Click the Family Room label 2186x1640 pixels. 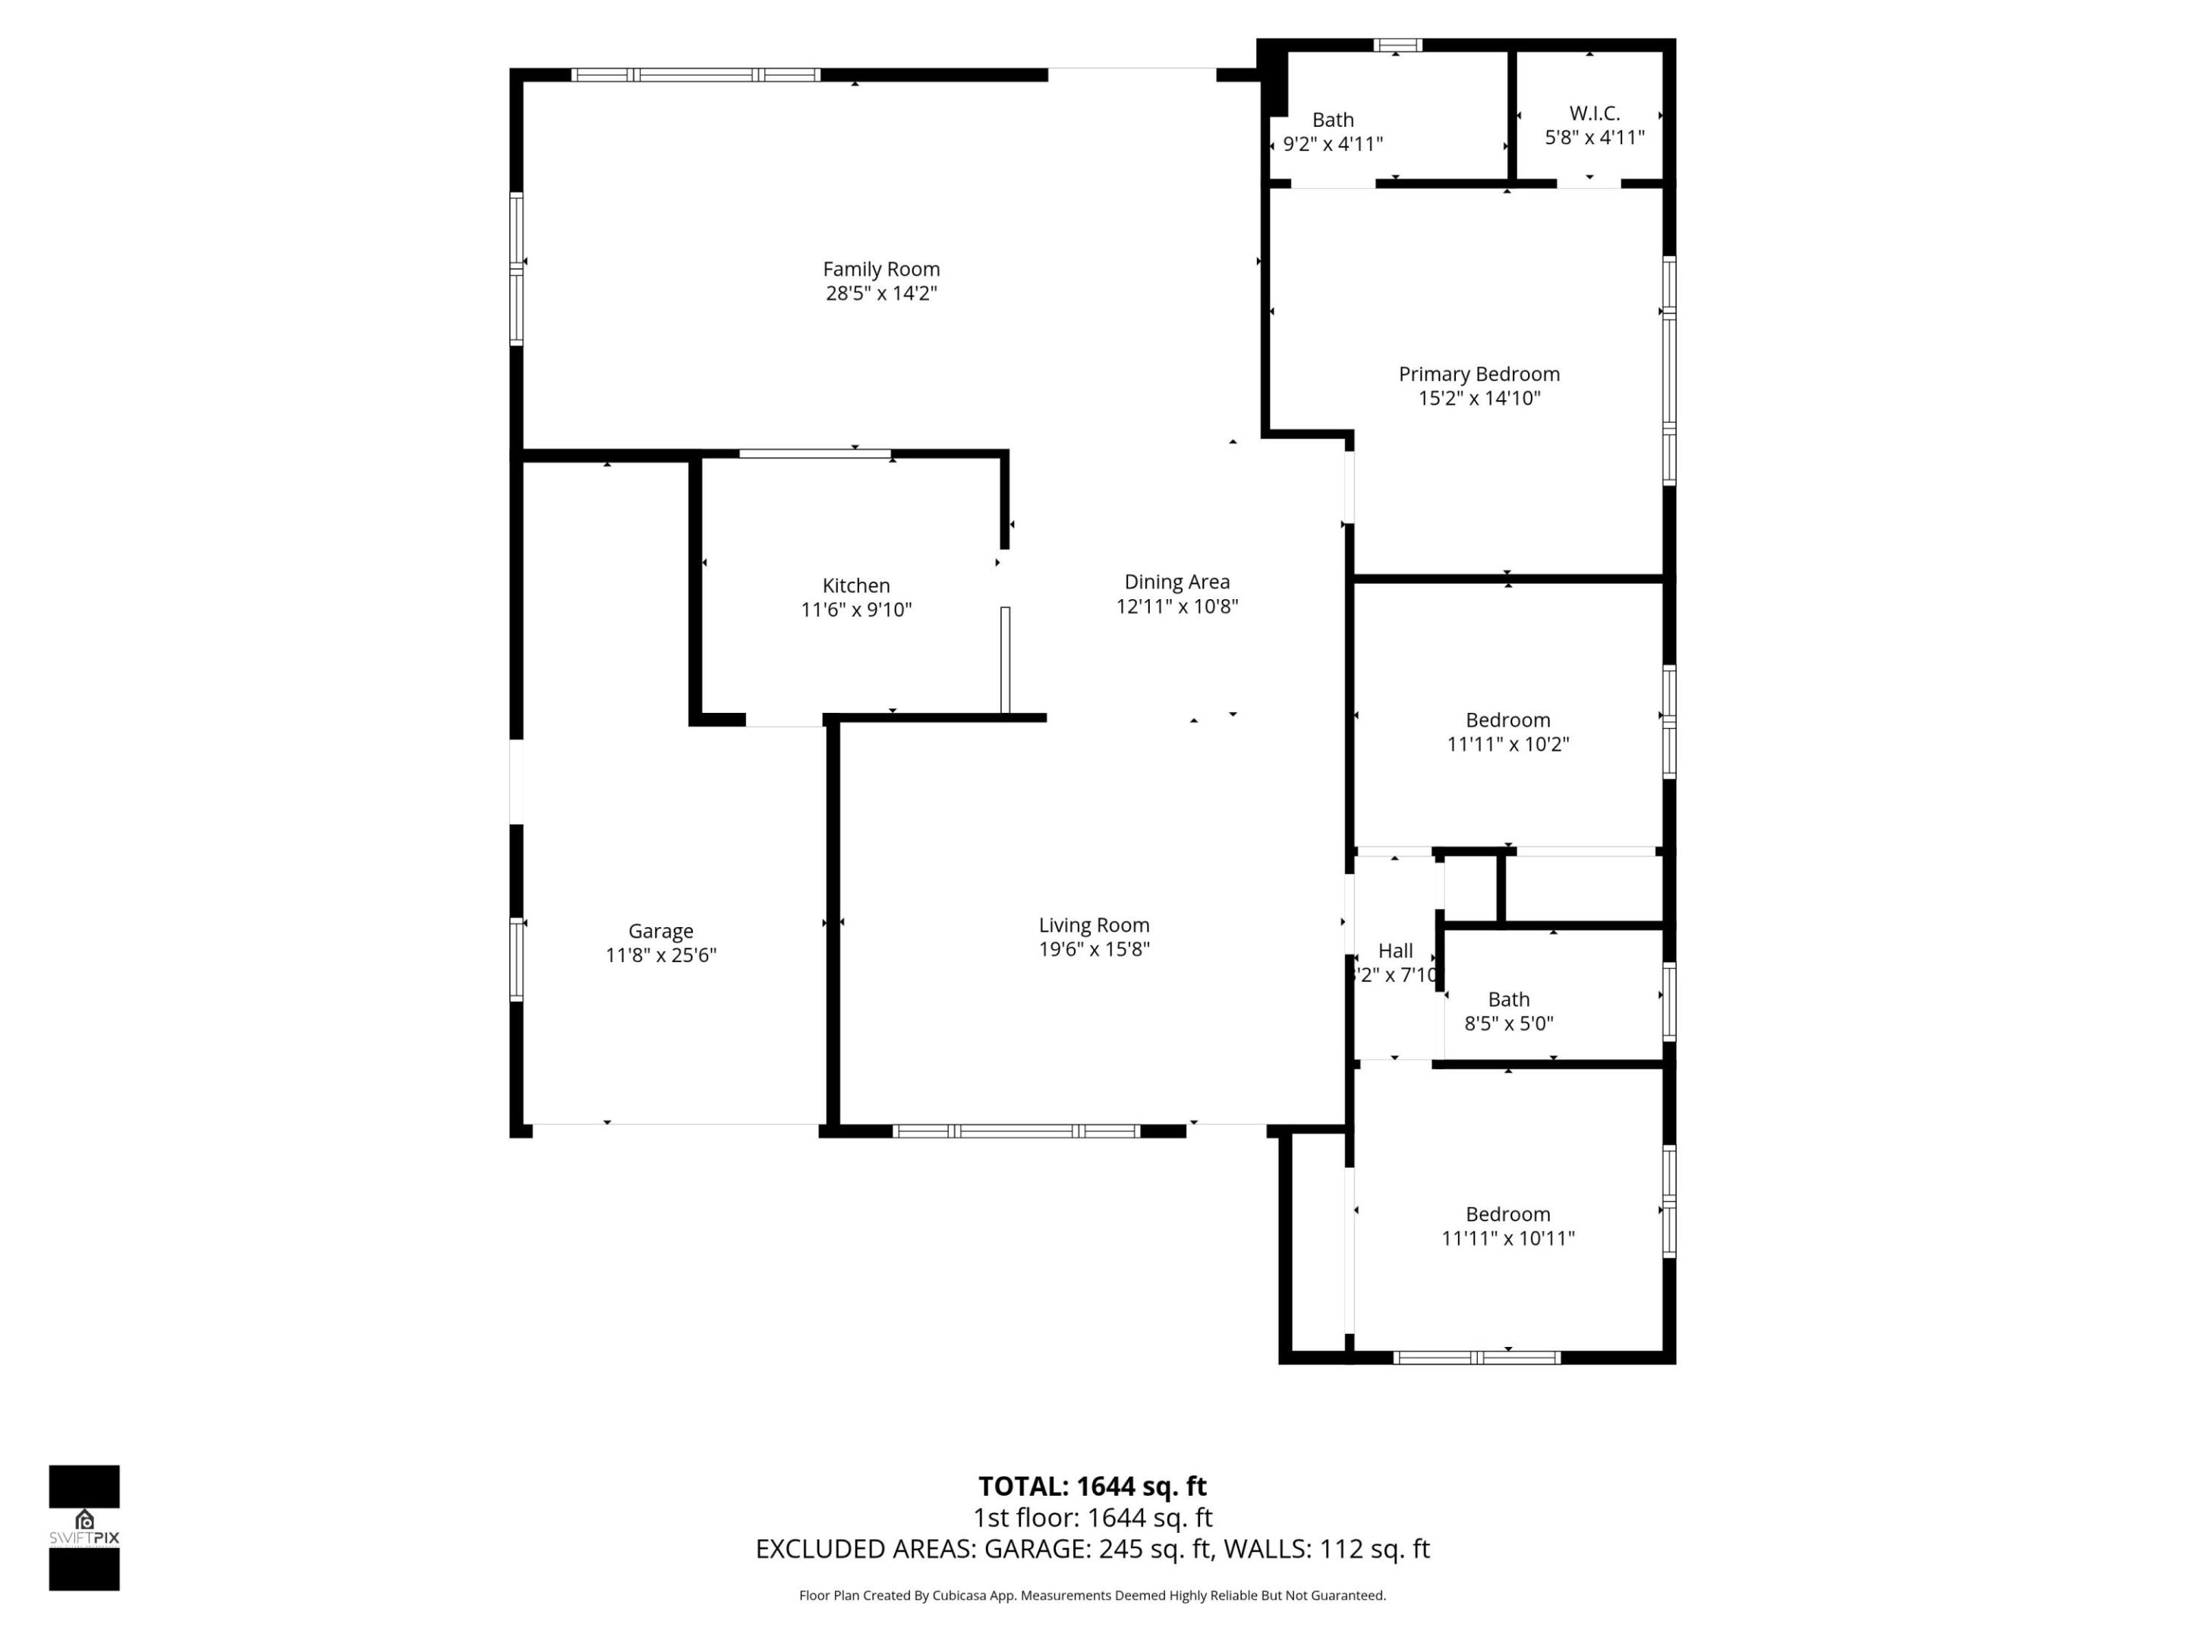coord(880,269)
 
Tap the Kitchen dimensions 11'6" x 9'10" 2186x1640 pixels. coord(856,610)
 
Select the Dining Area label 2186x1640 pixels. coord(1176,582)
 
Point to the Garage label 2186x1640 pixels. coord(660,931)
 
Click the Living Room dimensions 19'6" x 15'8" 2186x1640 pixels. coord(1093,950)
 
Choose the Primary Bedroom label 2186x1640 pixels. coord(1479,374)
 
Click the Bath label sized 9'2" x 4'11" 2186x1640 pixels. coord(1332,120)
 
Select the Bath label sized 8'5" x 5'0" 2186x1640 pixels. coord(1508,999)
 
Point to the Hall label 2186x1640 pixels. coord(1394,951)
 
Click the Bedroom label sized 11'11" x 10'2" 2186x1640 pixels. coord(1507,720)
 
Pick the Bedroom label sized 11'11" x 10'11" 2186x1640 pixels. coord(1507,1214)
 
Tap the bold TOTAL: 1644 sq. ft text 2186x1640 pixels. coord(1092,1487)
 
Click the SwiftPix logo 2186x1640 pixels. coord(84,1528)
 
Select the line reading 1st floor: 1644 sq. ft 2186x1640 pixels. coord(1092,1518)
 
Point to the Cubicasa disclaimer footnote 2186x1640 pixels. coord(1092,1595)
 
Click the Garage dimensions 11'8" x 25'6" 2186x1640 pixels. coord(660,956)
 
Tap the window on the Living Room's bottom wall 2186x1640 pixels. coord(1016,1131)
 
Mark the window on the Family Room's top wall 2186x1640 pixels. coord(695,75)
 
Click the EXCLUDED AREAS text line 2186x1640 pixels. coord(1092,1549)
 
